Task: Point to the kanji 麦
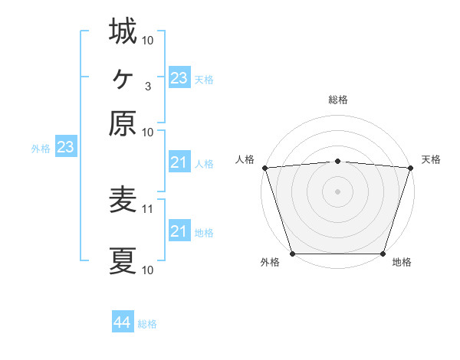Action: [123, 200]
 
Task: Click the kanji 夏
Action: [123, 261]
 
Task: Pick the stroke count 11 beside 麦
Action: [148, 208]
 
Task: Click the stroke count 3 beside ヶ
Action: [148, 86]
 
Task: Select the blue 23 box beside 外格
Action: [65, 148]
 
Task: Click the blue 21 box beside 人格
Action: [179, 162]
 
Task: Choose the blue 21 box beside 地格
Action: [179, 231]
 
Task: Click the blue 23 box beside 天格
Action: [179, 78]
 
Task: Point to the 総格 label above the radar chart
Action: [338, 100]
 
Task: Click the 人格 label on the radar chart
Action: [245, 159]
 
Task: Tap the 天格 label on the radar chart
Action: [431, 159]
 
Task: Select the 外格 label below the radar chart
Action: [270, 263]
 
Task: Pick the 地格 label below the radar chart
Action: [402, 263]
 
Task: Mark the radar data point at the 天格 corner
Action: [410, 168]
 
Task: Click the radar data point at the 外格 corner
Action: [293, 254]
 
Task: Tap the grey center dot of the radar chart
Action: [338, 191]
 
